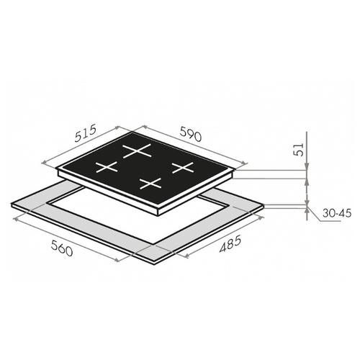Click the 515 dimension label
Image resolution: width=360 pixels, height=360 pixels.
pos(85,133)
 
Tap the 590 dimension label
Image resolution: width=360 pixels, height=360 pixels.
pos(191,134)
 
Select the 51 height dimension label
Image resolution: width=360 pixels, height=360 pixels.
pos(299,150)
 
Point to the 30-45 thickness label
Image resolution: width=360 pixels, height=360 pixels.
pos(337,213)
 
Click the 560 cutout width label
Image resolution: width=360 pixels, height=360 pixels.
pos(62,248)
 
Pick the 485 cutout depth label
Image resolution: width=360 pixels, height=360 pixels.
pos(230,244)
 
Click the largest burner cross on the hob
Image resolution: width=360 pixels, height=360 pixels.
pos(137,151)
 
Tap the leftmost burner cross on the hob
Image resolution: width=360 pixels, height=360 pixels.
pos(107,167)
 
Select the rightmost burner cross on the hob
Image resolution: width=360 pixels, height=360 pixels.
pos(183,167)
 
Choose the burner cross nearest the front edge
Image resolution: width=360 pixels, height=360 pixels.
pos(150,184)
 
